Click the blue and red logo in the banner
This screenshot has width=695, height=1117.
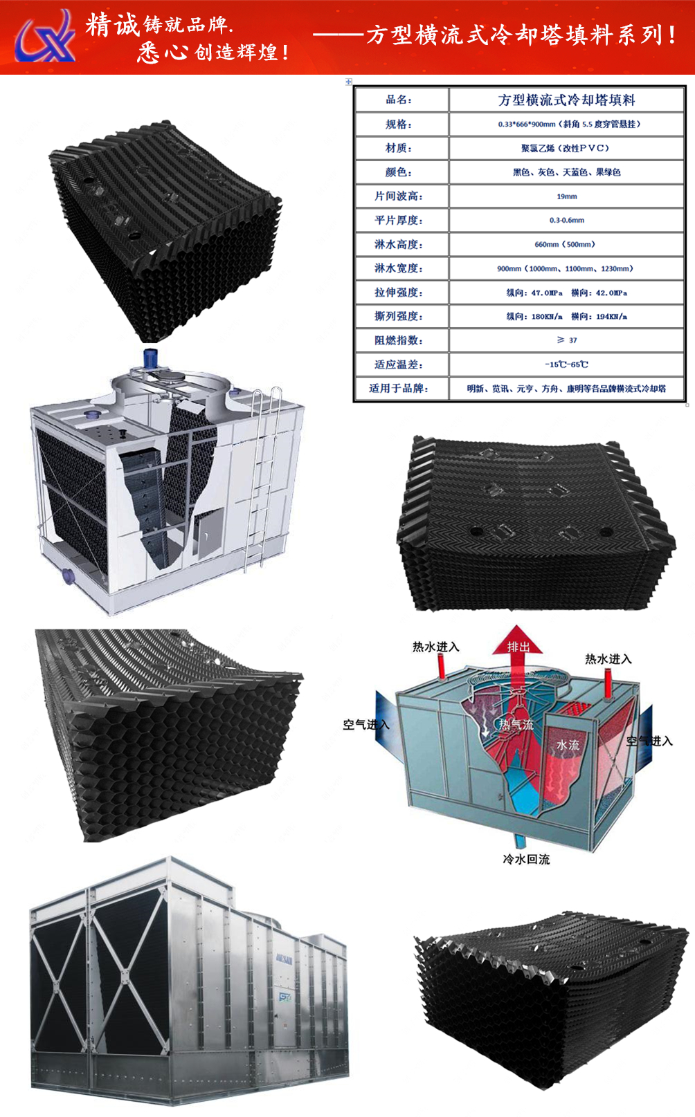[46, 37]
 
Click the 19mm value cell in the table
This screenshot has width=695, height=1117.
[566, 196]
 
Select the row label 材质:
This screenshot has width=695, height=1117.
[399, 148]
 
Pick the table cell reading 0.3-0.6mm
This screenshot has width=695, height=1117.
[566, 220]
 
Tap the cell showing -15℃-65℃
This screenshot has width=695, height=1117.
[566, 364]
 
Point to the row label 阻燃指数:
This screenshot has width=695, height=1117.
[399, 340]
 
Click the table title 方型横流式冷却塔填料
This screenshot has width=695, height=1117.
[566, 100]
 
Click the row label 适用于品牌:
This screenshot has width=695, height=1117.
[399, 389]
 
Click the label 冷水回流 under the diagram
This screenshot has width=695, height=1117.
[526, 859]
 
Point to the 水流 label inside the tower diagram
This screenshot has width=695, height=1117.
[568, 745]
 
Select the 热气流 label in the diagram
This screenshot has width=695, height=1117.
[516, 725]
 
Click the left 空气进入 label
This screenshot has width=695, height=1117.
[365, 725]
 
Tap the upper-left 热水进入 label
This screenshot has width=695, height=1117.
[435, 647]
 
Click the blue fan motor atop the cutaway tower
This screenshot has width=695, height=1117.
[151, 359]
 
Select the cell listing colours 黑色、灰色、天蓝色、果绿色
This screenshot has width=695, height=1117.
[566, 172]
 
